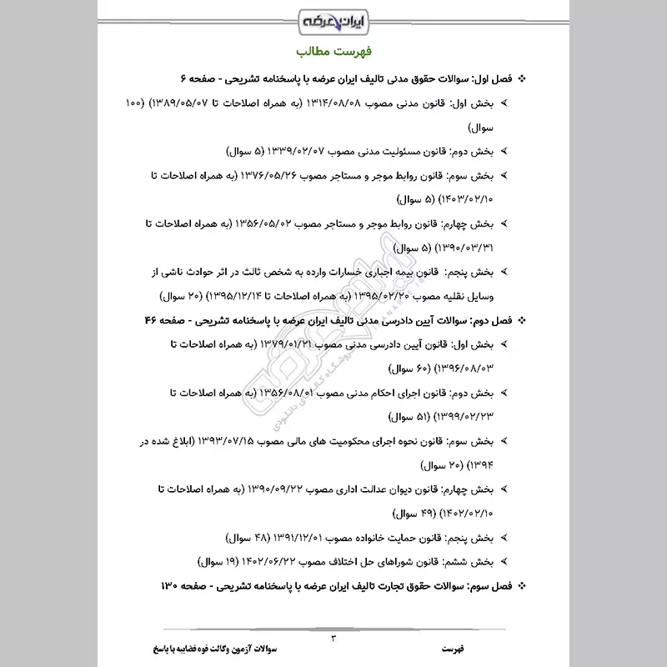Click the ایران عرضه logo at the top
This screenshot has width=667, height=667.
click(333, 18)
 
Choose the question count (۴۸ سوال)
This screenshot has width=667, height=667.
click(243, 536)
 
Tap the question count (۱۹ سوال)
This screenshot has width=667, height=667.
click(218, 560)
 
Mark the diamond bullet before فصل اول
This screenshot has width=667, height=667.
click(523, 78)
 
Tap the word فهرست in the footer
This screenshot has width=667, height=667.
click(454, 647)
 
